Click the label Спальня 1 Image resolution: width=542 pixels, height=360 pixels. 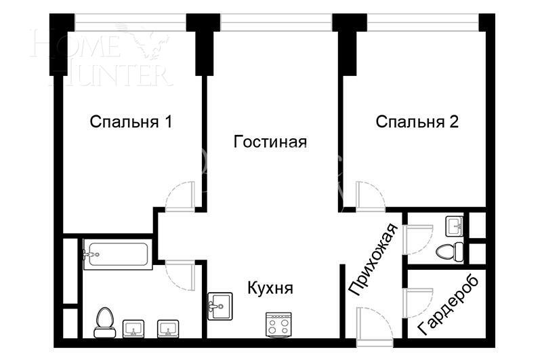(x=131, y=122)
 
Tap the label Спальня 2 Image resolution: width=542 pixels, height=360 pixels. (x=417, y=122)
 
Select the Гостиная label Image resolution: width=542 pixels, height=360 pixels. (x=270, y=142)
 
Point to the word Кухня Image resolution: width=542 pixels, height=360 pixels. (x=270, y=288)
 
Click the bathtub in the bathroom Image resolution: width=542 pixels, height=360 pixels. (x=116, y=255)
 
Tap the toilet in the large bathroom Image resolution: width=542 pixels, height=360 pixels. (x=104, y=322)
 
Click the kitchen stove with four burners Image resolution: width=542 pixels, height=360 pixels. (x=278, y=325)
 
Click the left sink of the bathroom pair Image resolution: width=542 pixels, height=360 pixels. (x=133, y=329)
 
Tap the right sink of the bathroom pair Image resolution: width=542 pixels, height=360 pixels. (x=168, y=329)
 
